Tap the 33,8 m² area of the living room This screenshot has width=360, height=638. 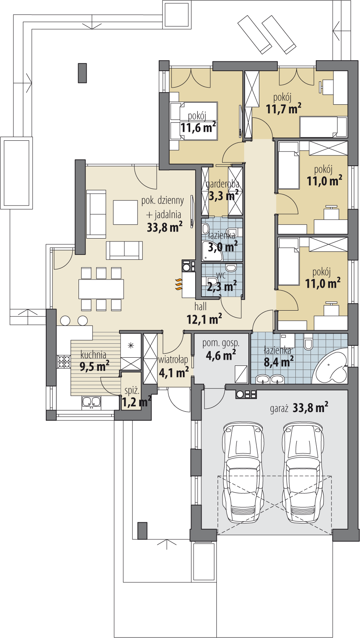click(x=164, y=227)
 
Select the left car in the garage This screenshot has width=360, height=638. click(x=242, y=473)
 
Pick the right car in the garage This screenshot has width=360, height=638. click(x=303, y=473)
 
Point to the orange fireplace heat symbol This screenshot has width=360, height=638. click(x=178, y=284)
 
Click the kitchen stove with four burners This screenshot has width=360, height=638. click(x=64, y=362)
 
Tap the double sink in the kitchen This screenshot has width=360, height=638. click(x=91, y=402)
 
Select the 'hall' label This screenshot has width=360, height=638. click(x=200, y=307)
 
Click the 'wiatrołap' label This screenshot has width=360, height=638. click(x=173, y=360)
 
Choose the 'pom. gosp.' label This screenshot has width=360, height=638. click(x=221, y=343)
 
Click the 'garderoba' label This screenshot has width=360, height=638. click(x=223, y=184)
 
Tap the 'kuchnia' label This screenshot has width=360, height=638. click(x=93, y=354)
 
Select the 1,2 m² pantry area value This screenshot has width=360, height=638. click(x=136, y=402)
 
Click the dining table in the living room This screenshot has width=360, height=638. click(x=101, y=289)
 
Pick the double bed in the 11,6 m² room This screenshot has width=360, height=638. click(x=194, y=121)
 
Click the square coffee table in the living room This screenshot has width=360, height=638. click(x=125, y=212)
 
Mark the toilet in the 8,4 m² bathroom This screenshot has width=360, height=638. click(x=308, y=343)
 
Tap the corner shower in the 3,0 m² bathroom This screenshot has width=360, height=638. click(x=212, y=251)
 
